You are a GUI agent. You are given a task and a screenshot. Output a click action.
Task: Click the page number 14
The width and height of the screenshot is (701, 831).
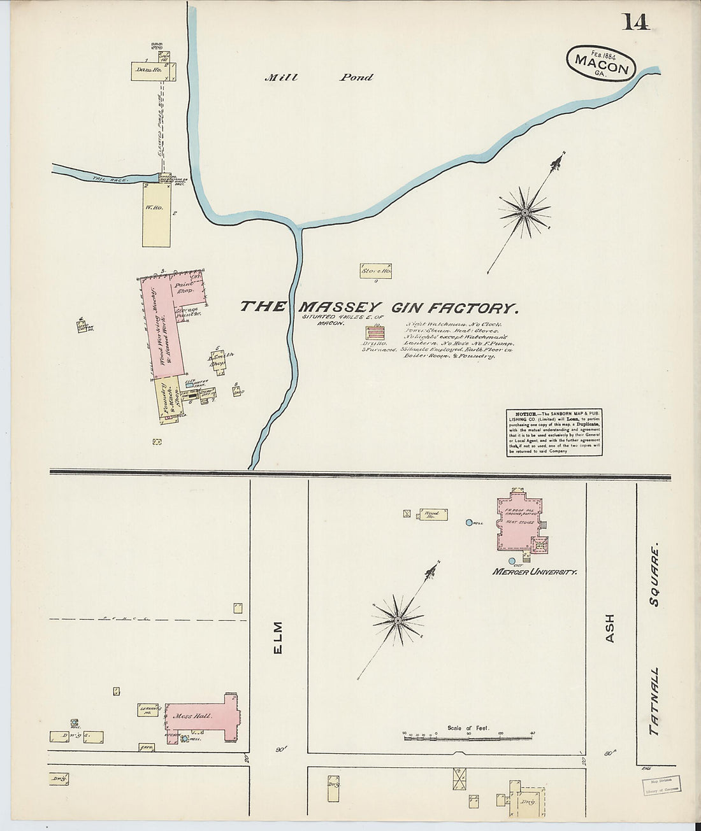(x=635, y=22)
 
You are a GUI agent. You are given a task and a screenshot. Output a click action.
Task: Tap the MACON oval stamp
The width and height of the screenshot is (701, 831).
(x=601, y=63)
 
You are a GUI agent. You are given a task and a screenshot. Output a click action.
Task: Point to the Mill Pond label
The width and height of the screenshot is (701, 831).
(x=319, y=78)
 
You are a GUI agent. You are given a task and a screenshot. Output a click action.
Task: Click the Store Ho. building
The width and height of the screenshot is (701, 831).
(x=376, y=271)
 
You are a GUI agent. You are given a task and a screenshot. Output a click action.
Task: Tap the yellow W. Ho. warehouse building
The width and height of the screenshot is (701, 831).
(x=156, y=215)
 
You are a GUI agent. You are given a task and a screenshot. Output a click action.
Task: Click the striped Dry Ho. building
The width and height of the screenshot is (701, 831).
(x=375, y=332)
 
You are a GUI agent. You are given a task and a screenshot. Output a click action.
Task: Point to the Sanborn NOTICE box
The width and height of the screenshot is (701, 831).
(x=554, y=432)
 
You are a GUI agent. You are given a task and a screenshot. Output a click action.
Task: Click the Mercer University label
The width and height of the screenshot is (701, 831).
(x=534, y=572)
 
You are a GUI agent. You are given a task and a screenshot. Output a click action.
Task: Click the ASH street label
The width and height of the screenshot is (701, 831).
(x=609, y=628)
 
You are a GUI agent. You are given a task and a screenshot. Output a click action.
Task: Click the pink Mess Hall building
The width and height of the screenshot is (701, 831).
(x=201, y=716)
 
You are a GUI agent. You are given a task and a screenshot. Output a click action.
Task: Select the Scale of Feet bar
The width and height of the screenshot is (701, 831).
(x=468, y=735)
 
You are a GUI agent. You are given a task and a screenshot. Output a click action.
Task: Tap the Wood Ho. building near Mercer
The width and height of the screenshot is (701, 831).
(x=433, y=514)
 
